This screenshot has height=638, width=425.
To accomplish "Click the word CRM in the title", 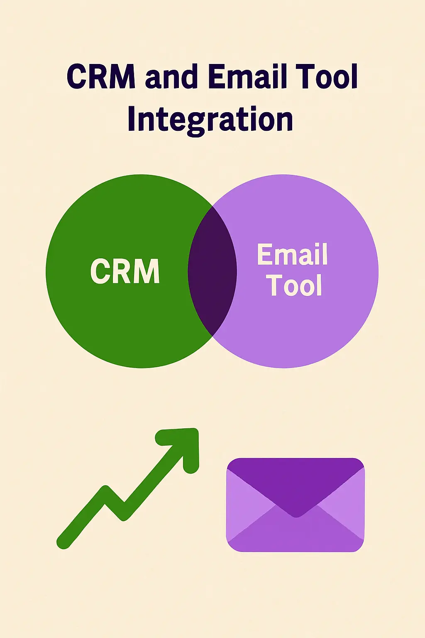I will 101,77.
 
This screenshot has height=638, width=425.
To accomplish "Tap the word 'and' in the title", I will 171,78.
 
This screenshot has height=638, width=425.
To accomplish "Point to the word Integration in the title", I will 210,119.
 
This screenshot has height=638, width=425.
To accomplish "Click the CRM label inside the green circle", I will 125,271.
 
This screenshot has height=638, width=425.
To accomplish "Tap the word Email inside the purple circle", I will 293,254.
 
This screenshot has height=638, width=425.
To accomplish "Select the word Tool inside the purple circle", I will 295,285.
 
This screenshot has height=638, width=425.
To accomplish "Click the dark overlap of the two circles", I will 212,271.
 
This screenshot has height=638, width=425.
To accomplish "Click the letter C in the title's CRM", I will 78,77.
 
